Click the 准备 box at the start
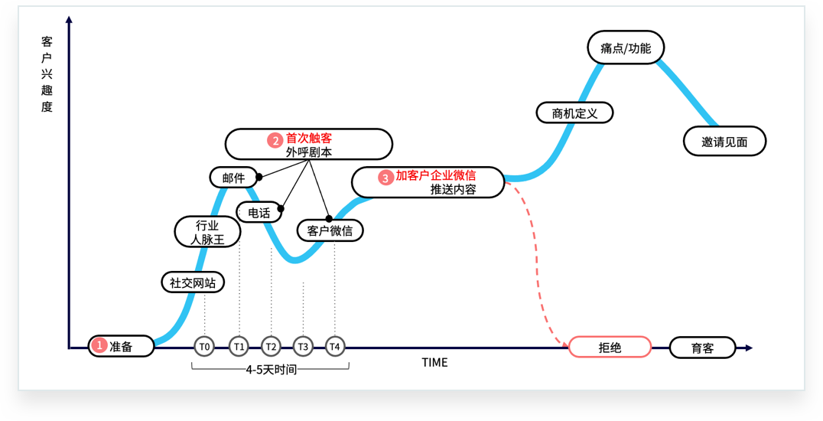pos(121,346)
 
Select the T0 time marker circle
pos(205,347)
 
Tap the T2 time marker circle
pos(271,347)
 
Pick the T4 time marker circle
pos(335,347)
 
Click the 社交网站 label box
pos(193,282)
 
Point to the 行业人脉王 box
pos(207,232)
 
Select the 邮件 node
pos(233,178)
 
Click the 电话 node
pos(259,213)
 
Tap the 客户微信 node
pos(330,230)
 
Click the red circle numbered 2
pos(275,140)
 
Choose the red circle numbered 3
pos(385,178)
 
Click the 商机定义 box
pos(574,113)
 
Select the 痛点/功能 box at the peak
pos(626,47)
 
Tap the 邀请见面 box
pos(724,141)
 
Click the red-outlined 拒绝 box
pos(610,347)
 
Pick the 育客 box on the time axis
pos(702,348)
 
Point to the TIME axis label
pos(434,363)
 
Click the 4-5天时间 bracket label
pos(271,370)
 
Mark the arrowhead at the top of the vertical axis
pos(69,19)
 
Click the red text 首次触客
pos(309,139)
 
